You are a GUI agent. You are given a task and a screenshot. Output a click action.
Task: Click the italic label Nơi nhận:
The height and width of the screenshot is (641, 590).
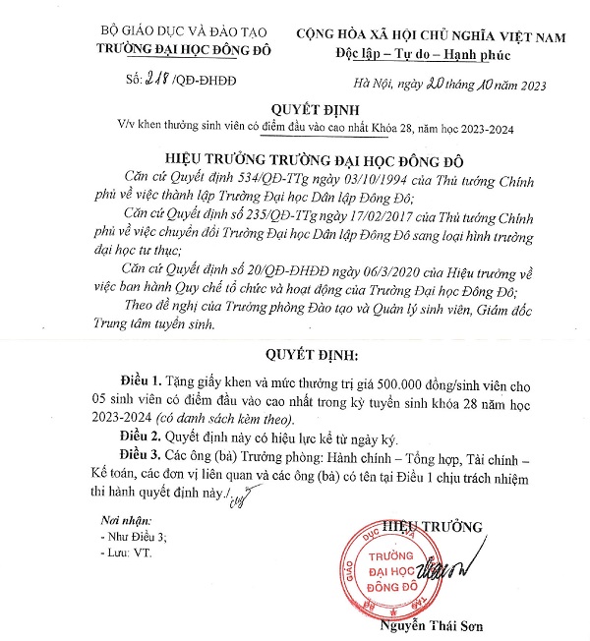click(x=127, y=519)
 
